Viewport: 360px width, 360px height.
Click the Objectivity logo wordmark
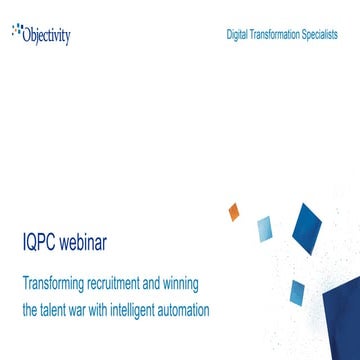48,35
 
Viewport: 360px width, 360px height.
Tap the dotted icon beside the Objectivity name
17,31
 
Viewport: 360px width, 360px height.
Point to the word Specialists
321,34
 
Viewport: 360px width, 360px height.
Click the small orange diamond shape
234,212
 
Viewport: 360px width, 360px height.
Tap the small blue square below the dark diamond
294,292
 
